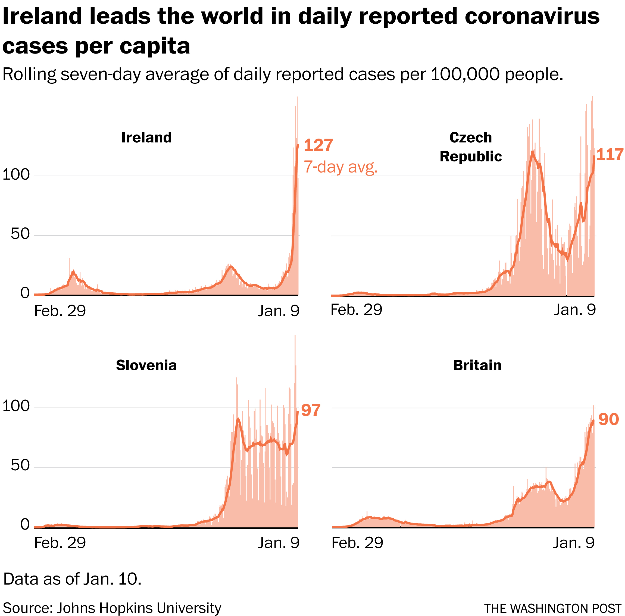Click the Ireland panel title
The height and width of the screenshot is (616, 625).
pyautogui.click(x=146, y=138)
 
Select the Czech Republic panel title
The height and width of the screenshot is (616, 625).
pyautogui.click(x=470, y=147)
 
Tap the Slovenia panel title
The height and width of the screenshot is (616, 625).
pyautogui.click(x=146, y=365)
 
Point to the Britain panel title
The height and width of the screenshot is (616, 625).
pyautogui.click(x=477, y=365)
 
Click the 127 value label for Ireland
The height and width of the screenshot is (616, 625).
pyautogui.click(x=318, y=145)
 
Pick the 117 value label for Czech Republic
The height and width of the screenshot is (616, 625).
pyautogui.click(x=610, y=155)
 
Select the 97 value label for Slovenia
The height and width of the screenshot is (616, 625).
pyautogui.click(x=311, y=410)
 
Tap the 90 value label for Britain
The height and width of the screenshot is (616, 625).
pyautogui.click(x=608, y=419)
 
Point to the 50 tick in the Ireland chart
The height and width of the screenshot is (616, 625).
pyautogui.click(x=20, y=234)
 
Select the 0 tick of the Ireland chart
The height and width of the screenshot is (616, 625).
pyautogui.click(x=25, y=293)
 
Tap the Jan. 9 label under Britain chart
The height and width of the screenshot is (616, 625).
pyautogui.click(x=574, y=543)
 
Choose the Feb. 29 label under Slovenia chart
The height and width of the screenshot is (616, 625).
pyautogui.click(x=60, y=543)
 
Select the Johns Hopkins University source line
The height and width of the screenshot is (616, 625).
pyautogui.click(x=112, y=608)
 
